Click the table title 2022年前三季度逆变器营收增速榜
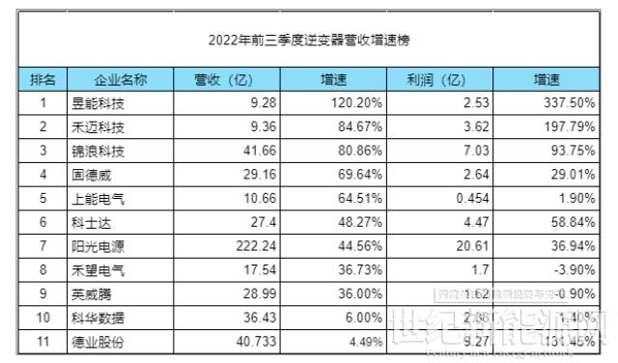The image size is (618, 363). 308,41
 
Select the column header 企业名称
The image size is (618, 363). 120,78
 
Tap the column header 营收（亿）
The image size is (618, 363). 224,78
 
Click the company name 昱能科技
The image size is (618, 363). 98,101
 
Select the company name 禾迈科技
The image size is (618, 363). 98,126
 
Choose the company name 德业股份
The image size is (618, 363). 98,341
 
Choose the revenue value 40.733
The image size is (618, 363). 244,341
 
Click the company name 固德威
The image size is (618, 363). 93,174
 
